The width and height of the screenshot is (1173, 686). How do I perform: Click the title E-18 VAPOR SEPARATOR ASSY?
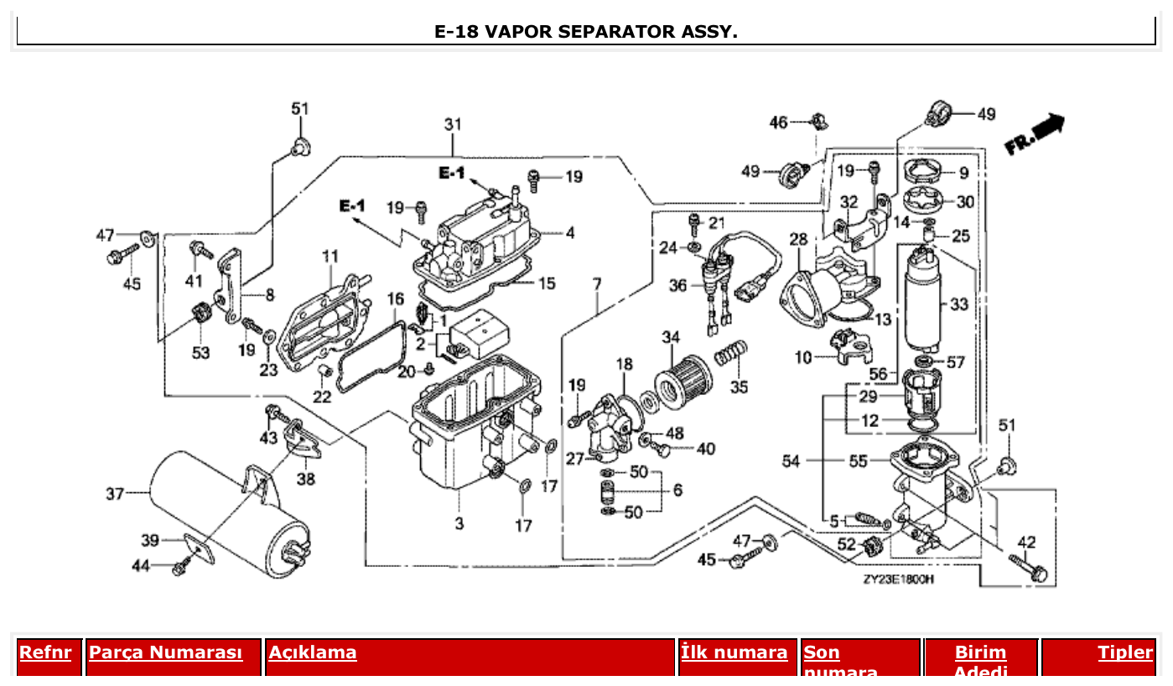coord(586,32)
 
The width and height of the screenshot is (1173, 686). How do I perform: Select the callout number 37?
coord(115,494)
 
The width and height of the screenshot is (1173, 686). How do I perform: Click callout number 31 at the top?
coord(453,124)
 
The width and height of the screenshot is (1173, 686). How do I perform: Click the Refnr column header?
coord(46,652)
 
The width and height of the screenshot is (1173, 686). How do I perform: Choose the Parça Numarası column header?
coord(165,652)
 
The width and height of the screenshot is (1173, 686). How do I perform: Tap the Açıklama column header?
coord(313,652)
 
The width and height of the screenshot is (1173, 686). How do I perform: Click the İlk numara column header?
coord(734,652)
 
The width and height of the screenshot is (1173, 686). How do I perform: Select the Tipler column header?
coord(1125,652)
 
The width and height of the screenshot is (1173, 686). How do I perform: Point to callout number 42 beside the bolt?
coord(1026,541)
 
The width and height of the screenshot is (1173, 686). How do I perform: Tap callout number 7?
coord(596,284)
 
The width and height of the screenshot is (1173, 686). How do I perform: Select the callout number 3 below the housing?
coord(459,524)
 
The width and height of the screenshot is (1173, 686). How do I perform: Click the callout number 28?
coord(798,240)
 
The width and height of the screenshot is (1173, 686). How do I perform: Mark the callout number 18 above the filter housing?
coord(624,364)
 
